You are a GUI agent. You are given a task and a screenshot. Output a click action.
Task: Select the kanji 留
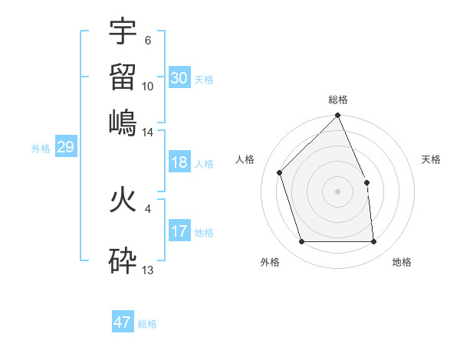pos(123,77)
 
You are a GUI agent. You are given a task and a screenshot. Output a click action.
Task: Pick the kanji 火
pos(123,201)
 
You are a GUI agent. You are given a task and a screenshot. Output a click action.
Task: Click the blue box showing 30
pos(179,78)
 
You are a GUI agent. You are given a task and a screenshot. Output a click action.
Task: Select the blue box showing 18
pos(179,163)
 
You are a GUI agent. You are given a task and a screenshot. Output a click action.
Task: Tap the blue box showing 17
pos(179,231)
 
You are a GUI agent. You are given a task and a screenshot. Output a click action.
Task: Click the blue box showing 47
pos(122,322)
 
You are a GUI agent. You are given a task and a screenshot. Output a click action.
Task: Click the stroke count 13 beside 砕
pos(148,270)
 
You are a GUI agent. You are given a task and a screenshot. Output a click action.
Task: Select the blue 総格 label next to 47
pos(147,324)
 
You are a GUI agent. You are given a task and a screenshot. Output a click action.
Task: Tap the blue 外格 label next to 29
pos(40,149)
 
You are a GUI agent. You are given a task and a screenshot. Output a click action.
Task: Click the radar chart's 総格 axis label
pos(337,100)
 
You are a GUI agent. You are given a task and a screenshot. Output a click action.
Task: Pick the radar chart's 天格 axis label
pos(431,159)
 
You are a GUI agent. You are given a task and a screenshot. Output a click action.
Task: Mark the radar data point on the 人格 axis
pos(280,172)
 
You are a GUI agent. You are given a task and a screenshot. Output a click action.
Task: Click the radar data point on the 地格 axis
pos(373,242)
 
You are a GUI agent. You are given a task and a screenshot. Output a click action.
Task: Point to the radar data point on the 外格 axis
pos(302,242)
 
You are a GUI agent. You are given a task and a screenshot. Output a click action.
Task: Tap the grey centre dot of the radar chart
pos(337,191)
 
